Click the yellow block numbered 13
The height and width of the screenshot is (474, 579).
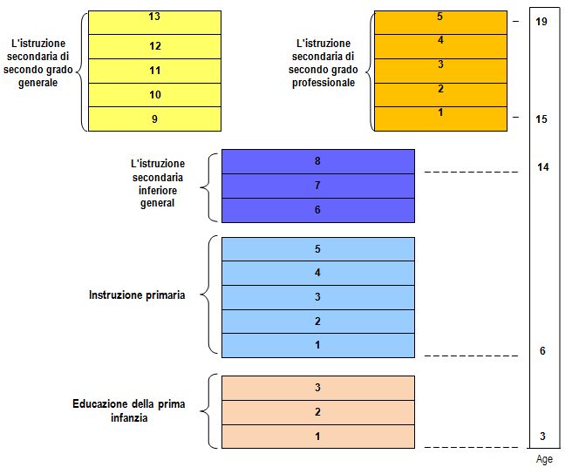tap(154, 23)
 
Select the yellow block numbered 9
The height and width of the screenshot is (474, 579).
tap(154, 118)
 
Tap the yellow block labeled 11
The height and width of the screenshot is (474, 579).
tap(154, 71)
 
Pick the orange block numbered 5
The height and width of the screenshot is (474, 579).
tap(440, 23)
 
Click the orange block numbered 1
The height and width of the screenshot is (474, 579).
tap(440, 118)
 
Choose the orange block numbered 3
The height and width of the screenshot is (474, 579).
tap(440, 71)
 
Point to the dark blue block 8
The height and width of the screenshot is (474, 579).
tap(318, 161)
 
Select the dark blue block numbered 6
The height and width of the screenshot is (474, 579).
tap(318, 210)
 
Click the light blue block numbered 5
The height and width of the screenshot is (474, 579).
tap(318, 249)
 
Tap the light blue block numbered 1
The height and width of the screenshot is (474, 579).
tap(318, 346)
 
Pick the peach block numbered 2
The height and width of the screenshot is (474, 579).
tap(318, 412)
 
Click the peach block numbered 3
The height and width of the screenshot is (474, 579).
tap(318, 388)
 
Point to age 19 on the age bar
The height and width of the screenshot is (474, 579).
tap(542, 22)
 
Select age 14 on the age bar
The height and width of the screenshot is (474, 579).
tap(542, 167)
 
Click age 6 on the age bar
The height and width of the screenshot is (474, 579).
tap(542, 351)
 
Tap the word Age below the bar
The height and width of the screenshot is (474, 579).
tap(544, 459)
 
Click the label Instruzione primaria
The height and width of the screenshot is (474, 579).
tap(137, 295)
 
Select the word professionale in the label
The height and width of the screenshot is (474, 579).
tap(324, 83)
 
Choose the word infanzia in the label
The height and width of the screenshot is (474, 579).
tap(129, 418)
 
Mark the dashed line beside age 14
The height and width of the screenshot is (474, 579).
tap(471, 172)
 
